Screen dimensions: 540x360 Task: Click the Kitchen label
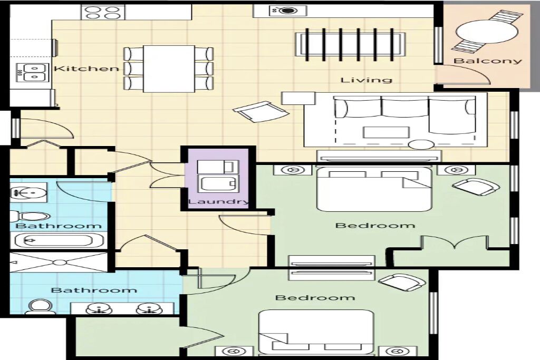(x=86, y=69)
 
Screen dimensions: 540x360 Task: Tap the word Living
(x=367, y=80)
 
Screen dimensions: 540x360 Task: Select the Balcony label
(x=488, y=61)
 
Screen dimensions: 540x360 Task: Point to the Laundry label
(x=218, y=202)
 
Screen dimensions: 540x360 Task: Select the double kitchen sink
(x=32, y=72)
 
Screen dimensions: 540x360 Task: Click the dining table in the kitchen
(x=169, y=69)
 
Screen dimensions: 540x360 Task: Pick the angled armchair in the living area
(x=261, y=111)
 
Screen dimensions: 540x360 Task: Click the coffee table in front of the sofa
(x=387, y=132)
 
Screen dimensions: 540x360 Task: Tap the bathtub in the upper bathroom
(x=59, y=240)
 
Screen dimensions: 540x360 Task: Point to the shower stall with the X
(x=59, y=262)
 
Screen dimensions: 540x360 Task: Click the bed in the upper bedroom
(x=374, y=189)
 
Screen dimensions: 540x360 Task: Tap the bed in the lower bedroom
(x=316, y=332)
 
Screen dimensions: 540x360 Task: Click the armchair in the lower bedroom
(x=402, y=283)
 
